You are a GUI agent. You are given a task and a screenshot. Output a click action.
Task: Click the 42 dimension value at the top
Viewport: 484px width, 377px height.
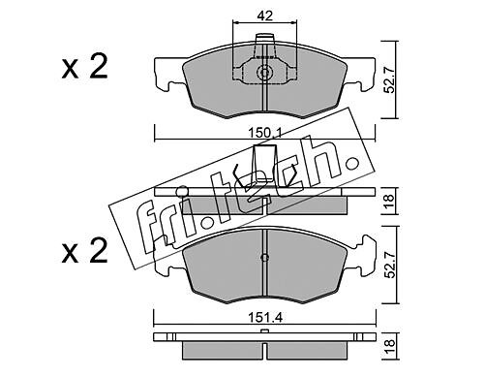click(265, 16)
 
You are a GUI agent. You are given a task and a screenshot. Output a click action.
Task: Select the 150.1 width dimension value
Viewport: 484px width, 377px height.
click(264, 133)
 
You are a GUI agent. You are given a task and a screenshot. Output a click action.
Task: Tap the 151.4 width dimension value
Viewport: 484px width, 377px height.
click(265, 318)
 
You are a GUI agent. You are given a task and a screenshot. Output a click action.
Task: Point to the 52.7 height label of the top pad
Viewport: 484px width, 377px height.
click(390, 79)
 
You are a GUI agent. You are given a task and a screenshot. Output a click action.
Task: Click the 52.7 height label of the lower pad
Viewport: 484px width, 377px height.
click(390, 265)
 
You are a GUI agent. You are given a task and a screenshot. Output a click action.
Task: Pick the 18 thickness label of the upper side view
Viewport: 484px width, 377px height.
click(390, 201)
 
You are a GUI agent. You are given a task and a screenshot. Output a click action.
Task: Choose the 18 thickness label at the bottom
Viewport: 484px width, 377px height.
click(390, 347)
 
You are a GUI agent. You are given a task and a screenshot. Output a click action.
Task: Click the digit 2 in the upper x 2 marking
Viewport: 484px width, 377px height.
click(99, 67)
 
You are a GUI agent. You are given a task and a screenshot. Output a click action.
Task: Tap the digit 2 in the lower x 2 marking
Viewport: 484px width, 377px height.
click(99, 250)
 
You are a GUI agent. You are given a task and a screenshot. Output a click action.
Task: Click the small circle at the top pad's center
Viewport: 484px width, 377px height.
click(264, 73)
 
